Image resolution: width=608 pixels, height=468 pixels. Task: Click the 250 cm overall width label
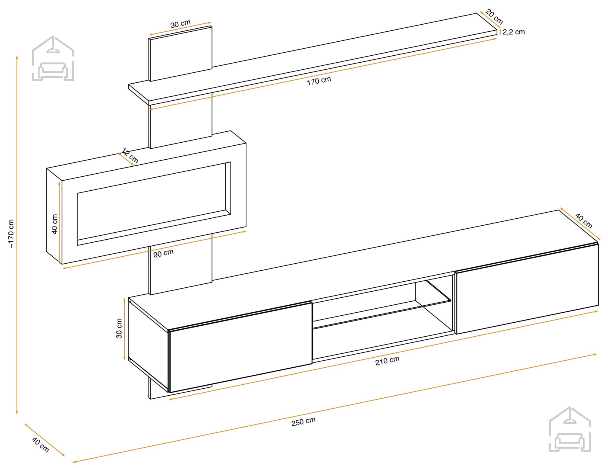303,421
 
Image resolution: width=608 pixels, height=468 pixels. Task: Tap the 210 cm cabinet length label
387,361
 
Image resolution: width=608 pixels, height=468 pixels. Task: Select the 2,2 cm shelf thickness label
513,32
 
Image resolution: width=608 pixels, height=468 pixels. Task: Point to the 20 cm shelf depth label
494,16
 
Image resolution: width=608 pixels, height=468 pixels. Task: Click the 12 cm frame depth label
130,155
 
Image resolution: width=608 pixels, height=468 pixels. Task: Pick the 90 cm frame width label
163,253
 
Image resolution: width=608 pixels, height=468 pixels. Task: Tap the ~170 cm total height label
11,234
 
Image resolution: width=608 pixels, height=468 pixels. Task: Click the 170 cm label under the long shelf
319,81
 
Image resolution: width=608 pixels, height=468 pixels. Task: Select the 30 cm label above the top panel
180,24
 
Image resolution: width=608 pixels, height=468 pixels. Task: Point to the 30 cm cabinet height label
119,328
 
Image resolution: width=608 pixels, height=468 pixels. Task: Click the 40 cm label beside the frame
55,224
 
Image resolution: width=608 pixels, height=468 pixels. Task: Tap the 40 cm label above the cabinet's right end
584,221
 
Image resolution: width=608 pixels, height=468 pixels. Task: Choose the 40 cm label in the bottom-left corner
40,445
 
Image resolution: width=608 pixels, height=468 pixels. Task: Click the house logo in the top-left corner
53,58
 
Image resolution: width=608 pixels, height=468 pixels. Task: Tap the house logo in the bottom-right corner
570,429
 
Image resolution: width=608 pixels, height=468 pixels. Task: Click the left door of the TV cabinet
240,347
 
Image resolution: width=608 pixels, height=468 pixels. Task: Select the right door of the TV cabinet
527,289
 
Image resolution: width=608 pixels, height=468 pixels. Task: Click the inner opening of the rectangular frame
154,203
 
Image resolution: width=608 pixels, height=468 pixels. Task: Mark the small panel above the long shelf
180,54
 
